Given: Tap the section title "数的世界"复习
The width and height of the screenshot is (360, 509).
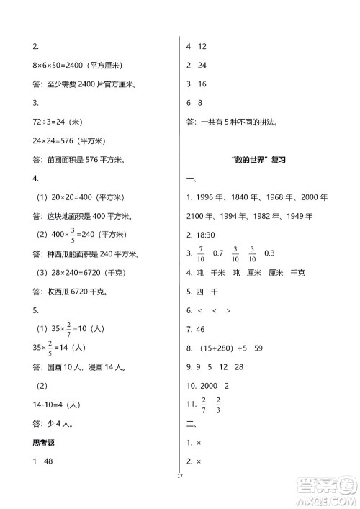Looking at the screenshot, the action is (256, 159).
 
